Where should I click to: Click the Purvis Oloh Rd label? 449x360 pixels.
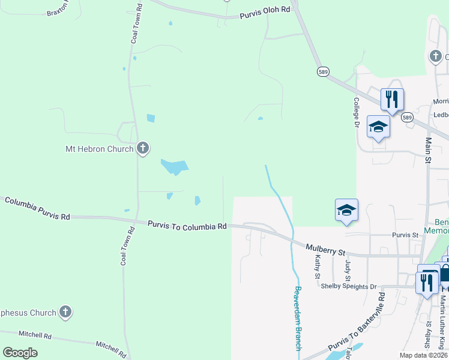(x=265, y=12)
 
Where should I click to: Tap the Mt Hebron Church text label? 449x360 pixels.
(x=99, y=148)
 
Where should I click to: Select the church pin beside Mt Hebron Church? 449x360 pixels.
(x=142, y=148)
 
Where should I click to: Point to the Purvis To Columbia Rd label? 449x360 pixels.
(x=187, y=225)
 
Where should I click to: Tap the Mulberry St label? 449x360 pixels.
(x=325, y=248)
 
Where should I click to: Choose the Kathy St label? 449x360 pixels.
(x=318, y=266)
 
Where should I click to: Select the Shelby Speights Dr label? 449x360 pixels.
(x=348, y=286)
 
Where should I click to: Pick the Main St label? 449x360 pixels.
(x=429, y=150)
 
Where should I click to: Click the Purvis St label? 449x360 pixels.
(x=405, y=235)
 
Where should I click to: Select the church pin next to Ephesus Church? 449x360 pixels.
(x=65, y=311)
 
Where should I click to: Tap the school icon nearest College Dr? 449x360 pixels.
(x=378, y=127)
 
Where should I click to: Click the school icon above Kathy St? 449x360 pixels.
(x=346, y=210)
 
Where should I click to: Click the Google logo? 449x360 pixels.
(x=20, y=353)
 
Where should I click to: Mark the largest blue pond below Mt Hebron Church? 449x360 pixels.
(x=174, y=166)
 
